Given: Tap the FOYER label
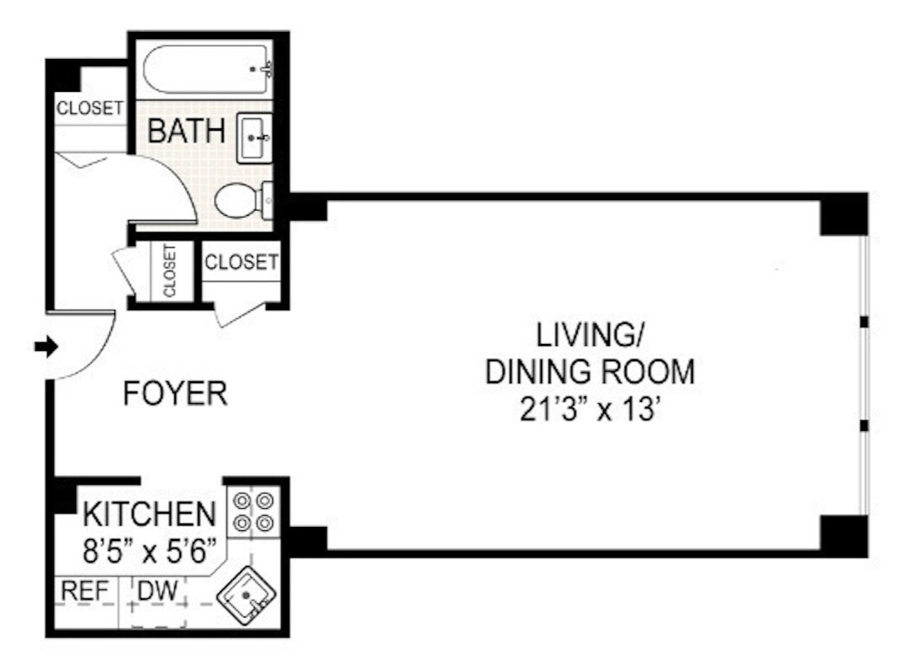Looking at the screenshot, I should tap(175, 393).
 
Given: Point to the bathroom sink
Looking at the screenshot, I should tap(255, 137).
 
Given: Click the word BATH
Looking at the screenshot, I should tap(186, 132).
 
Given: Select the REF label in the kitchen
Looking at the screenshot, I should tap(85, 591).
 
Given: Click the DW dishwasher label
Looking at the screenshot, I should tap(157, 591).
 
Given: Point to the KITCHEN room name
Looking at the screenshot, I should tap(148, 515).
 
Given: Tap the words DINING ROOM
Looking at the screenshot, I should tap(590, 372).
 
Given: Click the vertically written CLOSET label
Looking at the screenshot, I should tap(169, 270).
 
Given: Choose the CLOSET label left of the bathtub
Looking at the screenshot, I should tap(90, 108).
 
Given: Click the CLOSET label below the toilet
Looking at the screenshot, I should tap(242, 261).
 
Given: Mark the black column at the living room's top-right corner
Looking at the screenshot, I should tap(843, 213).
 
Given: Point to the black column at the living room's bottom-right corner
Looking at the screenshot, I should tap(843, 535).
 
